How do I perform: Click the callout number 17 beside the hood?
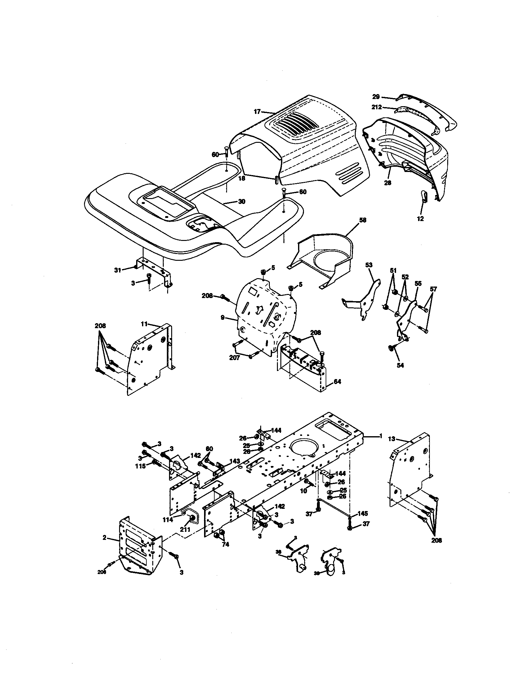click(257, 112)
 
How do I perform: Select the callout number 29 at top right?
click(376, 97)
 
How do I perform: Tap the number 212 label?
click(377, 107)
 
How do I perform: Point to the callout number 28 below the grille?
click(388, 183)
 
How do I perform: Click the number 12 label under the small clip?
click(421, 219)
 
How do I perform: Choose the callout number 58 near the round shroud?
click(363, 220)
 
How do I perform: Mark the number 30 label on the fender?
click(242, 201)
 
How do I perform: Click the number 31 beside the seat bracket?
click(118, 270)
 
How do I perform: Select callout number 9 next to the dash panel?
click(222, 317)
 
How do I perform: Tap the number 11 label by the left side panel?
click(144, 324)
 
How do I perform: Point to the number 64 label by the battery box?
click(337, 382)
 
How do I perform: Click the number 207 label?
click(234, 358)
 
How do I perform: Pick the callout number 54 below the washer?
click(400, 365)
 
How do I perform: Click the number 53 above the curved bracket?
click(368, 265)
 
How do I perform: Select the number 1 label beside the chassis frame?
click(381, 436)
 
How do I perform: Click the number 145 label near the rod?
click(363, 513)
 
